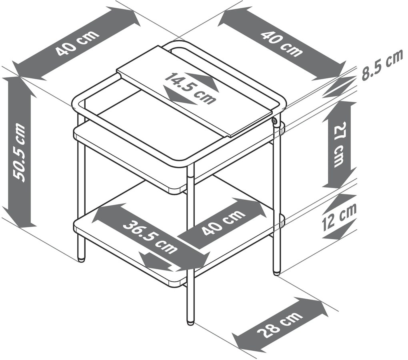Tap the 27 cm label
click(x=339, y=144)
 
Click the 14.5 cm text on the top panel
click(x=190, y=88)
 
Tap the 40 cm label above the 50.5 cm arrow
click(x=78, y=43)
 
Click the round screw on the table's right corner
click(x=275, y=121)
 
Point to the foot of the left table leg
click(x=82, y=259)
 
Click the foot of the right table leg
click(x=276, y=273)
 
